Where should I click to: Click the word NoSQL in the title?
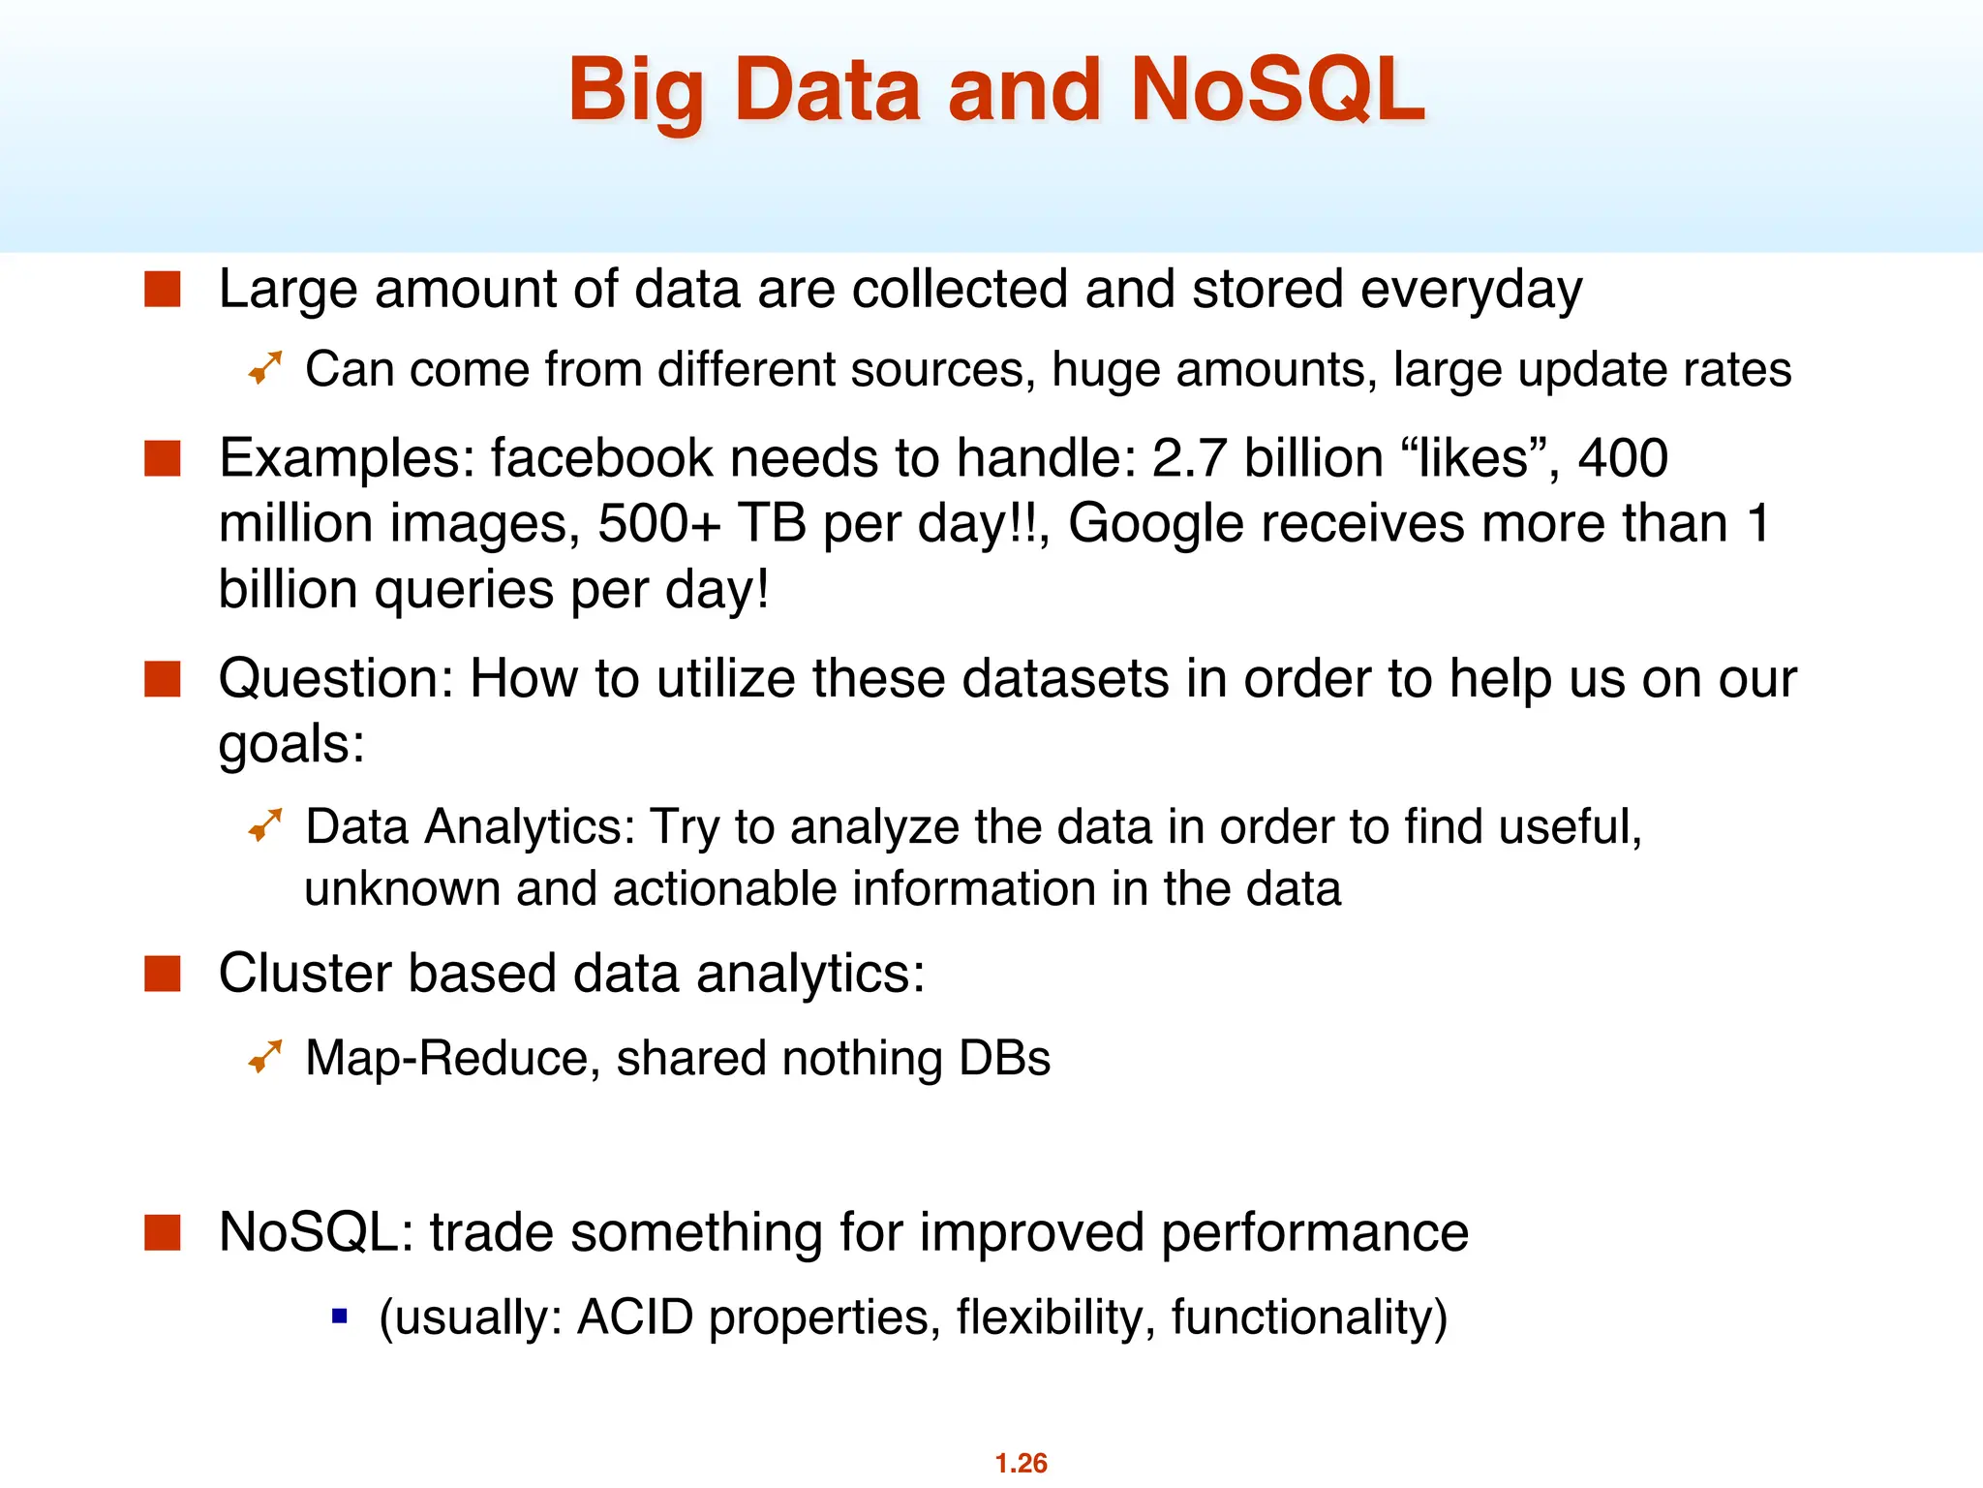[1276, 90]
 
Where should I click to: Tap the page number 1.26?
[1021, 1462]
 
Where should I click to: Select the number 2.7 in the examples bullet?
[1189, 458]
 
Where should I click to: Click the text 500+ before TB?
[658, 524]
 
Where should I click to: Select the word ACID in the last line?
[634, 1317]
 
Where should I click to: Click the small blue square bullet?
[339, 1316]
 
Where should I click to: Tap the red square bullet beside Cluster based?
[163, 974]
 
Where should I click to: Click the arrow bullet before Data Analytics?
[264, 825]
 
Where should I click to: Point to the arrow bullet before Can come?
[264, 368]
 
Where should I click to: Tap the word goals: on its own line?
[291, 745]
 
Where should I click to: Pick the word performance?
[1314, 1233]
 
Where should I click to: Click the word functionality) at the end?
[1309, 1317]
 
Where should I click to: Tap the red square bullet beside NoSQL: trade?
[163, 1232]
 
